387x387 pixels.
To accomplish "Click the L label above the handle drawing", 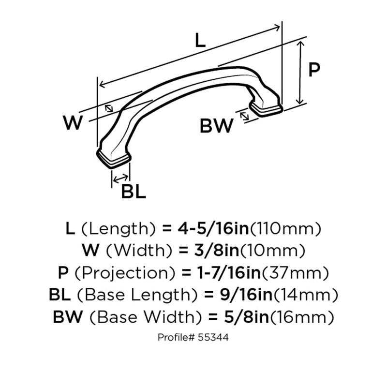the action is [x=200, y=41].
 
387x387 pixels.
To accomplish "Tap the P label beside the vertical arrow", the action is [x=314, y=69].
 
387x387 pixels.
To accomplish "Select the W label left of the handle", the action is [x=73, y=123].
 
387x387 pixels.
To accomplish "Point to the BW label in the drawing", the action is [x=216, y=126].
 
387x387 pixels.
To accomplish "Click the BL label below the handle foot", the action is [x=134, y=192].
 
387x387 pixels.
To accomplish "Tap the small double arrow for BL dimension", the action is [x=120, y=179].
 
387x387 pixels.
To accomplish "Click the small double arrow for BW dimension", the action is [x=244, y=116].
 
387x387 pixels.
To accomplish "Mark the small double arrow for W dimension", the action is [x=109, y=108].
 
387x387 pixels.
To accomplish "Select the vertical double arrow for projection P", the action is [x=300, y=73].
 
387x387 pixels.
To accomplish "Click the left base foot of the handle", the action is [x=114, y=159].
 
